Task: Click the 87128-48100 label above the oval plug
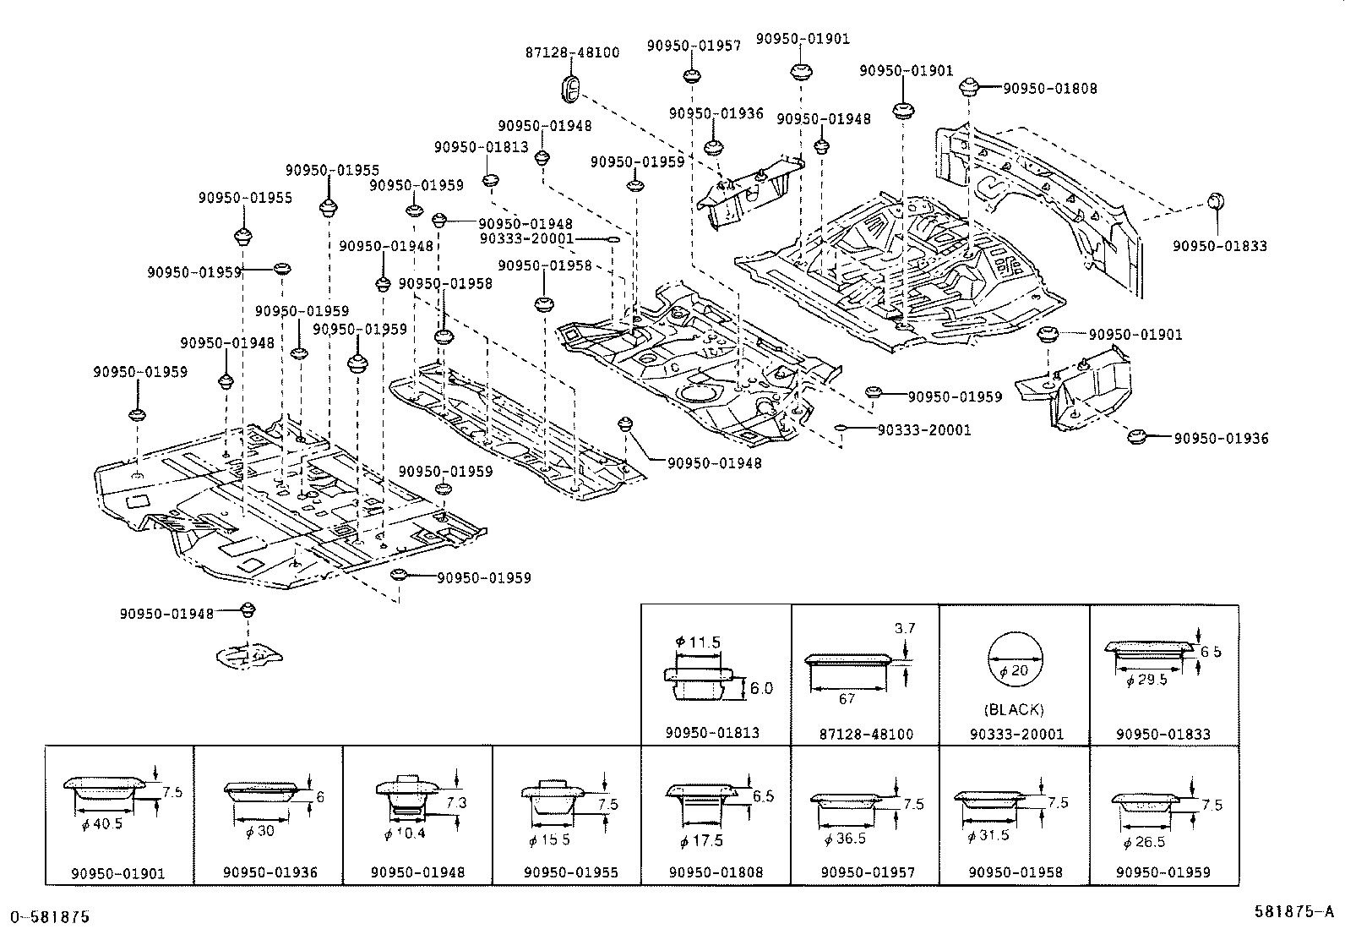(572, 53)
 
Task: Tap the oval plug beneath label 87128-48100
(571, 90)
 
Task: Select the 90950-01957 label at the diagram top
(694, 46)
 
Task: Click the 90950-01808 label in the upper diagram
(1050, 89)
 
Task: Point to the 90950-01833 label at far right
(1220, 246)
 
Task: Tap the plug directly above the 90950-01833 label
(1216, 201)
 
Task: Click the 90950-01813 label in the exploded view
(482, 147)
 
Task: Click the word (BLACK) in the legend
(1014, 710)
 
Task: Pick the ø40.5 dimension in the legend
(102, 824)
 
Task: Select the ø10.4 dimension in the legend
(405, 833)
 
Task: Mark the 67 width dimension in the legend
(847, 699)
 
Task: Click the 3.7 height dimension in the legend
(905, 629)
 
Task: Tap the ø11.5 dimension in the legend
(698, 642)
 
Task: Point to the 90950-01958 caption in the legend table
(1016, 872)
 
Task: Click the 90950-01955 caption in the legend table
(571, 872)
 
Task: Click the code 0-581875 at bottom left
(50, 917)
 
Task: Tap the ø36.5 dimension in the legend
(845, 839)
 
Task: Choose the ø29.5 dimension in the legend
(1146, 680)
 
